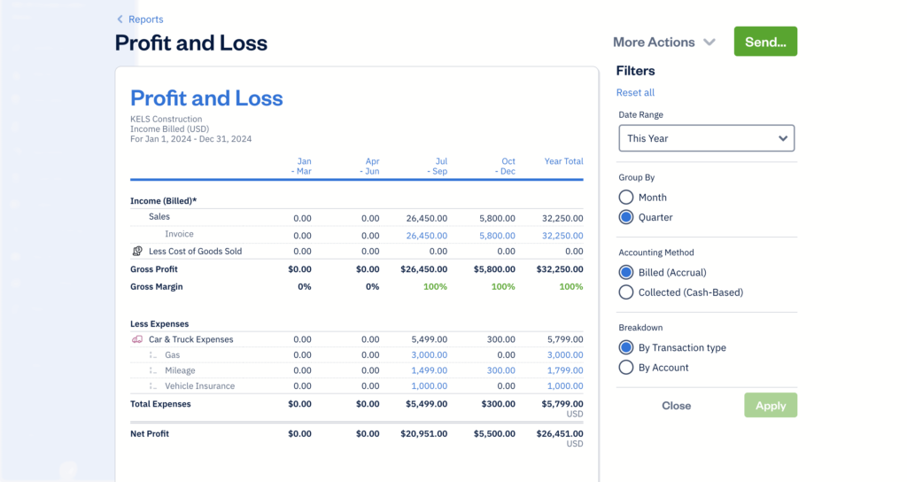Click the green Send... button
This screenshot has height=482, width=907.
(765, 42)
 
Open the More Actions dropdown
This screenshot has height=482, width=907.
(663, 42)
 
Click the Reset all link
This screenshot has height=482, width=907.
(635, 93)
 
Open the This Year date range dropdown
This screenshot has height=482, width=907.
(706, 138)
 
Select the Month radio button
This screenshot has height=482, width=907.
(626, 198)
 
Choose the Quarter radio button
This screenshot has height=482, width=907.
(626, 217)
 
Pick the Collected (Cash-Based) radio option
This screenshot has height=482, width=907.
(626, 292)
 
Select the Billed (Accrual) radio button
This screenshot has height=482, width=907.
(626, 273)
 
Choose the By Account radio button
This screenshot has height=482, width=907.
(626, 368)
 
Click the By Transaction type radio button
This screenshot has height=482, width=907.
(626, 348)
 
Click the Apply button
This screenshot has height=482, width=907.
(770, 406)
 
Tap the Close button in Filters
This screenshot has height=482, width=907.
(676, 406)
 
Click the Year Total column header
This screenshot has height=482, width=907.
(563, 161)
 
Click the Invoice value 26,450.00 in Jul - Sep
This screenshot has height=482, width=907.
(427, 236)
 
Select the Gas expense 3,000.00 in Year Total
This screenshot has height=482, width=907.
(564, 355)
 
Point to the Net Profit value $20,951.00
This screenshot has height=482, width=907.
(423, 434)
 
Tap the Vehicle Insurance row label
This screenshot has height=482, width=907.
(199, 386)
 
